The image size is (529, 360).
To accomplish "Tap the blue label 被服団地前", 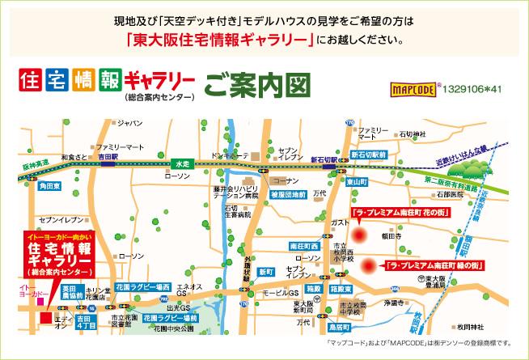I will [287, 195].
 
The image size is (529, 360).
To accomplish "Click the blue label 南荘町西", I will [304, 245].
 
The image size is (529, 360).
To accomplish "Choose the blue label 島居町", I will [339, 327].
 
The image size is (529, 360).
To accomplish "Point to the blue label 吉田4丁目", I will [83, 323].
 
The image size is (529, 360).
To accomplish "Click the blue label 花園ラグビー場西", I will [142, 287].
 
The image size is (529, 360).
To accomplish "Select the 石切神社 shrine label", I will [412, 133].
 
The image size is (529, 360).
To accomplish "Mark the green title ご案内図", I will [258, 84].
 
